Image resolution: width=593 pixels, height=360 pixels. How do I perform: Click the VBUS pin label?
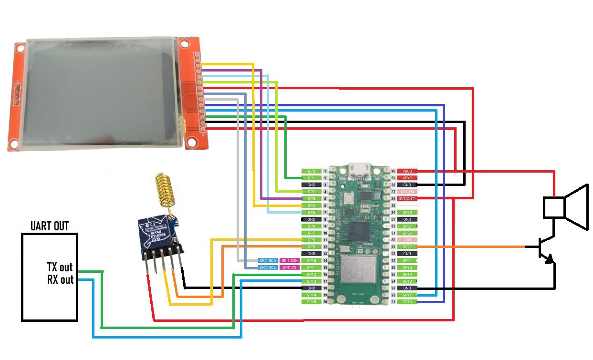click(407, 171)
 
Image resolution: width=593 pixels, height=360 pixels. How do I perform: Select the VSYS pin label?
click(407, 177)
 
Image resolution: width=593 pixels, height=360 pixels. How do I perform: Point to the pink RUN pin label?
click(407, 240)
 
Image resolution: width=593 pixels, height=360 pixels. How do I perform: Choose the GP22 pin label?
click(407, 247)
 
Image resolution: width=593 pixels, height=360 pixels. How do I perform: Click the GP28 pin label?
click(407, 212)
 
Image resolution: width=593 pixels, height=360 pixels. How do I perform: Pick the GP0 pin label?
click(311, 171)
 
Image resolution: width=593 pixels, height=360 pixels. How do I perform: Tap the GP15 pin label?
click(311, 302)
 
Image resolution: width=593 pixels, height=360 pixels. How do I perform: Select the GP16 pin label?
click(407, 302)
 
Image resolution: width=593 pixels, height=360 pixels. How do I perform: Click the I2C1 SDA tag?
click(267, 261)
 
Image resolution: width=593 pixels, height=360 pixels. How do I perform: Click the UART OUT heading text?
click(49, 226)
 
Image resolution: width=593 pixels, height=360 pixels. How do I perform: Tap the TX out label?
click(60, 267)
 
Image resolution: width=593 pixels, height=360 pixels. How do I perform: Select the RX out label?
click(60, 279)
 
